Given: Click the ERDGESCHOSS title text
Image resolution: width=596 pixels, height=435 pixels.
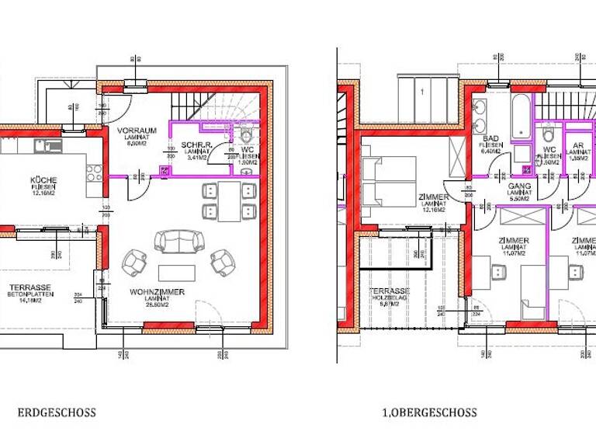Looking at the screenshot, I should [x=57, y=412].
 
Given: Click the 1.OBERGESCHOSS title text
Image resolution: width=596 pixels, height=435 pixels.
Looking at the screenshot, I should [x=429, y=412].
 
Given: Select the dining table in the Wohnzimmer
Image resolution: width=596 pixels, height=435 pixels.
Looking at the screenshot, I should [x=228, y=201].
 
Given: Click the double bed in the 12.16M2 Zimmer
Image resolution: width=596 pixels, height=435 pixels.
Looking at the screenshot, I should [x=388, y=183].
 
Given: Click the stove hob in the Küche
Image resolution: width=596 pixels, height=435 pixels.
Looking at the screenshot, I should [x=94, y=172].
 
